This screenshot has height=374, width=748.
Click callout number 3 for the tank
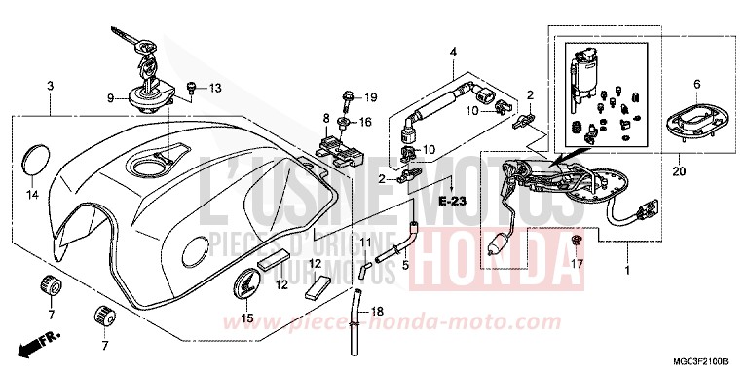(50, 88)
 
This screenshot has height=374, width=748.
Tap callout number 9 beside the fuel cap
(111, 97)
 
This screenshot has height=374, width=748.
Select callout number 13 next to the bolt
(215, 89)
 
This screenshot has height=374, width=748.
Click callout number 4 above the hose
(452, 52)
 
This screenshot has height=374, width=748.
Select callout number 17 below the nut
(577, 263)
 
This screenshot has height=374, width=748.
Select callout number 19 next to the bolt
(370, 98)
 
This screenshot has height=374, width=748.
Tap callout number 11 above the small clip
(366, 242)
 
